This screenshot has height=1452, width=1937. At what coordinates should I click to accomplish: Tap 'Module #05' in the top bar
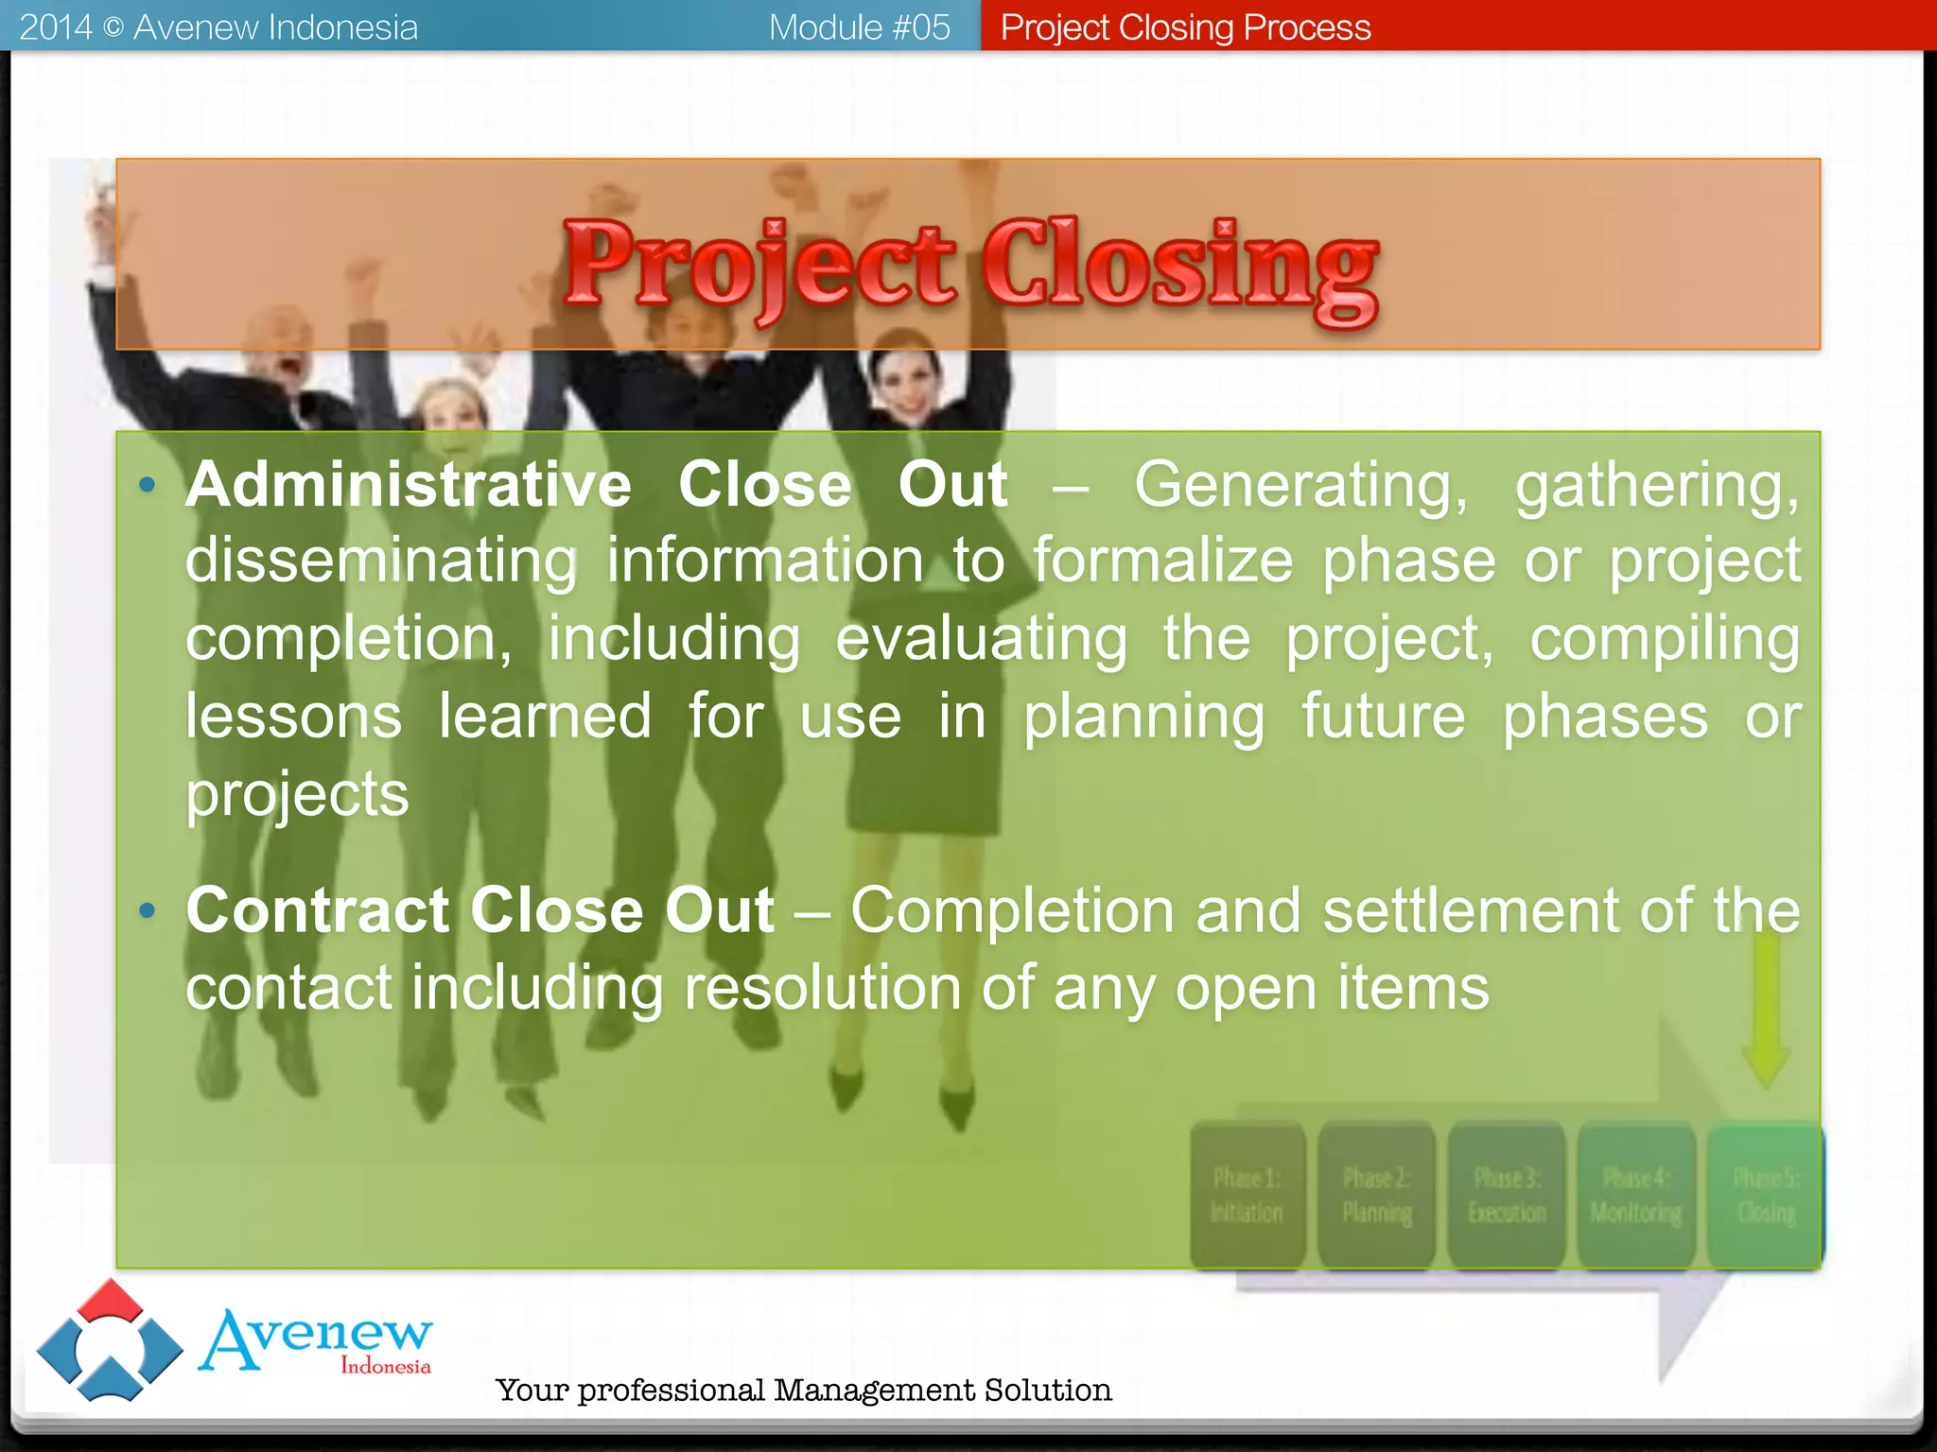[x=859, y=27]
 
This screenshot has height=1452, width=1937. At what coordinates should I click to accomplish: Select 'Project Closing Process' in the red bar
[x=1185, y=27]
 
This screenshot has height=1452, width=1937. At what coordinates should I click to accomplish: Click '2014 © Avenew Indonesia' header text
[x=218, y=27]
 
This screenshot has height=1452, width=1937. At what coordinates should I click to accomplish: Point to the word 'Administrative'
[x=408, y=485]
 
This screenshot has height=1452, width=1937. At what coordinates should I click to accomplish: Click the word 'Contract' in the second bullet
[x=318, y=910]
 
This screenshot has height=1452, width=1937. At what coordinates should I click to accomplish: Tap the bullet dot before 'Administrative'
[x=147, y=486]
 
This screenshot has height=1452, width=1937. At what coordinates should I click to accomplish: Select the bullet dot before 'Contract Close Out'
[x=147, y=911]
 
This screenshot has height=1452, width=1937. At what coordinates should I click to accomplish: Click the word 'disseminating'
[x=380, y=562]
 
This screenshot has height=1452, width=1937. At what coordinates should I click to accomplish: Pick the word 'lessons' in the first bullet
[x=293, y=717]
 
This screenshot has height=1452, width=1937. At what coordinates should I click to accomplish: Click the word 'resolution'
[x=821, y=989]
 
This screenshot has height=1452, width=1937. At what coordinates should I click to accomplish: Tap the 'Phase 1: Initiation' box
[x=1248, y=1195]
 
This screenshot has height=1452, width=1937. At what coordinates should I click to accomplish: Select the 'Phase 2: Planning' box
[x=1376, y=1195]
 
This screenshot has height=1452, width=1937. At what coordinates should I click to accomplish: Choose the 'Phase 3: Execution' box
[x=1507, y=1195]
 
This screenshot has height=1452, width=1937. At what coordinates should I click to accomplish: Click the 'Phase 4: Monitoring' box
[x=1636, y=1195]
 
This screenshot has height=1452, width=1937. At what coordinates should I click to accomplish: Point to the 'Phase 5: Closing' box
[x=1766, y=1195]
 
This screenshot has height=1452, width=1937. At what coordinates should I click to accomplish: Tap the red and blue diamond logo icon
[x=110, y=1340]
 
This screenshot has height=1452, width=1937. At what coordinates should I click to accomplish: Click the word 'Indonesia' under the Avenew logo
[x=385, y=1366]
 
